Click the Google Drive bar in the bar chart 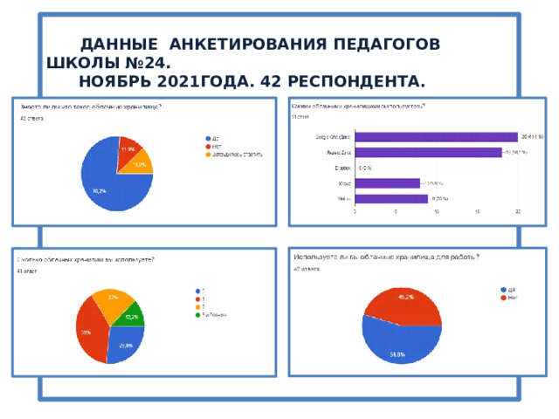(x=436, y=136)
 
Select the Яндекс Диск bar (x=428, y=152)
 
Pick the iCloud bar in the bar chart (x=387, y=183)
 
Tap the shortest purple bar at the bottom (x=390, y=198)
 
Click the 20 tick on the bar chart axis (x=518, y=212)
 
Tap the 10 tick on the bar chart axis (x=436, y=212)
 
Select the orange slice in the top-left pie (x=141, y=161)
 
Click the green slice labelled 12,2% (x=133, y=315)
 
